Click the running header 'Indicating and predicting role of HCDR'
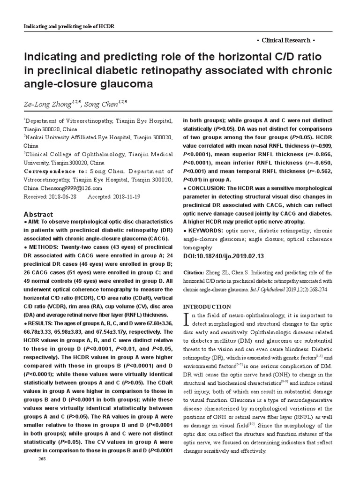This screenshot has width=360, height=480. tap(69, 26)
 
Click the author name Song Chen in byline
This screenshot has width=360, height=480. tap(106, 103)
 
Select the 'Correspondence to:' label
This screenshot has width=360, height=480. tap(50, 172)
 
